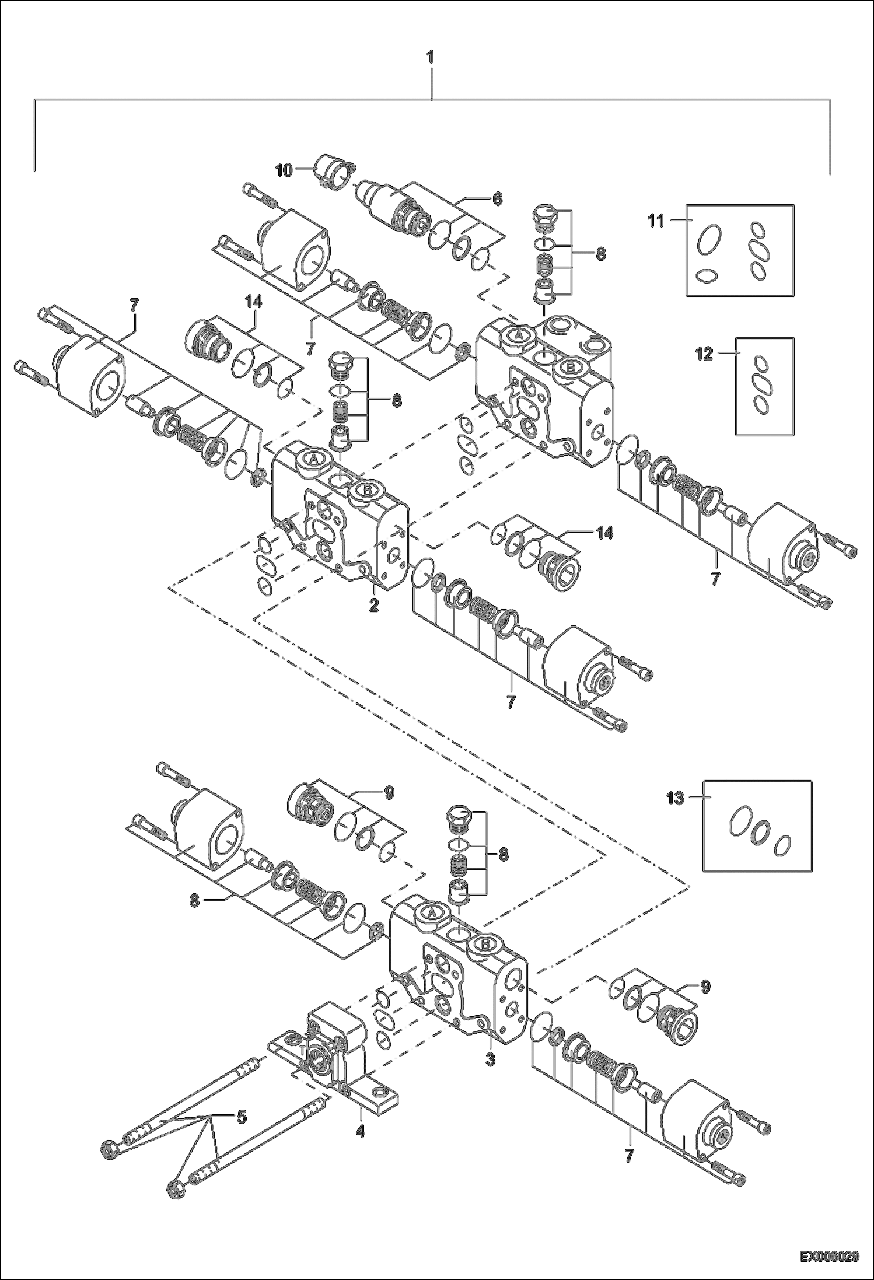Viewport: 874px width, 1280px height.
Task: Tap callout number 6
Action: [497, 200]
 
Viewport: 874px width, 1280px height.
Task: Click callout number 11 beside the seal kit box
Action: [656, 221]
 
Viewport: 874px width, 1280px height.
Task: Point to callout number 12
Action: [705, 354]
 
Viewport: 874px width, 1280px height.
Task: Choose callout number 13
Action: [675, 798]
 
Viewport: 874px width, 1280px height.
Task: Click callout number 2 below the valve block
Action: [374, 605]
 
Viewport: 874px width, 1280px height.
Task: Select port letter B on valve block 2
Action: [367, 491]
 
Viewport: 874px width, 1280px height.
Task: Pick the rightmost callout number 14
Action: [605, 533]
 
